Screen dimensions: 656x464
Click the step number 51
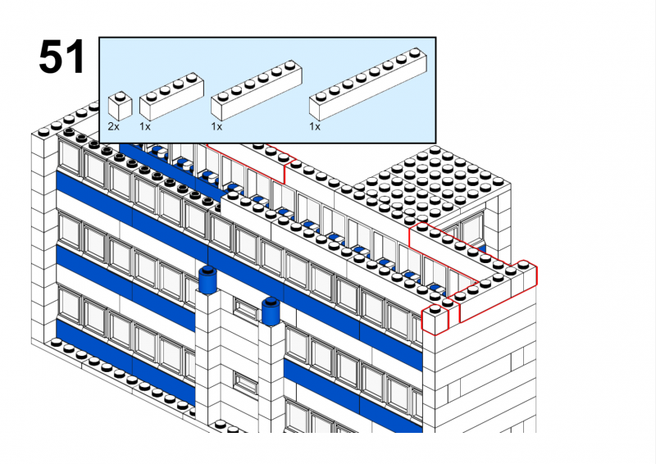tap(62, 57)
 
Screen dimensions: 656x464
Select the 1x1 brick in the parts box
tap(120, 107)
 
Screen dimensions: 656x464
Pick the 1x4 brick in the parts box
tap(171, 97)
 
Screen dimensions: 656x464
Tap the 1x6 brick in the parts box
tap(257, 90)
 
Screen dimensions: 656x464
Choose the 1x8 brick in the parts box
tap(368, 84)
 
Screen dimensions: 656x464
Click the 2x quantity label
tap(113, 126)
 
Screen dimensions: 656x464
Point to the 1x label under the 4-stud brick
tap(145, 126)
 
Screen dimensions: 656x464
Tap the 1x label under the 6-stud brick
tap(216, 126)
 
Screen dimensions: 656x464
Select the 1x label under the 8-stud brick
tap(315, 126)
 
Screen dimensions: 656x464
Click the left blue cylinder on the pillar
tap(208, 278)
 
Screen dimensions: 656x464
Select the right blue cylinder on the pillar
tap(271, 311)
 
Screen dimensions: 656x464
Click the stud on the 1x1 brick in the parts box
tap(121, 96)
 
